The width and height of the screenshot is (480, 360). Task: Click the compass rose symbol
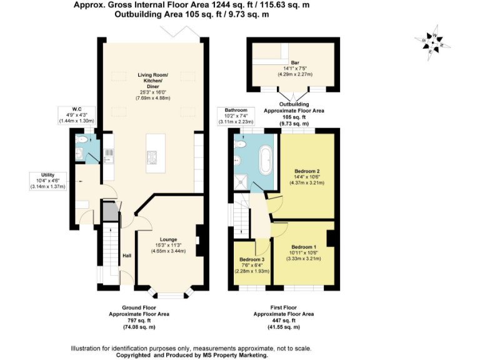432,42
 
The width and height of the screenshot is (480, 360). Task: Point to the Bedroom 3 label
252,259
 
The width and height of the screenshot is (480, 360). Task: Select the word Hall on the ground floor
127,256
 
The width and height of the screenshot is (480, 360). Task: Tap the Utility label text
48,175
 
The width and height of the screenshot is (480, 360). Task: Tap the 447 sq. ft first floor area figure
283,320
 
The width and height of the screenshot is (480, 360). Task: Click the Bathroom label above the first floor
236,111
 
